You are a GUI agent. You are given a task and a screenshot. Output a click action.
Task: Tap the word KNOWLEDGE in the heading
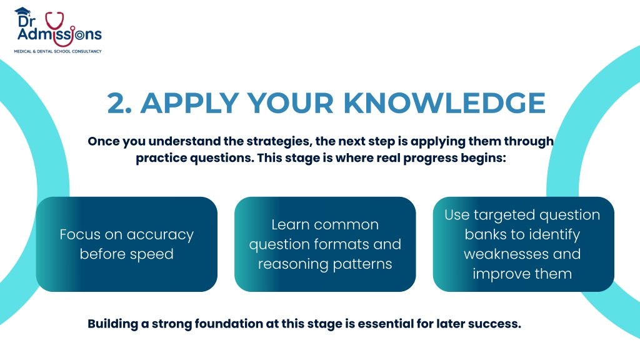point(444,103)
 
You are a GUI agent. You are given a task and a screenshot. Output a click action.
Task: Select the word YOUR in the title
point(291,103)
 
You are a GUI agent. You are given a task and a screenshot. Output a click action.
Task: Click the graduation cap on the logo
point(23,11)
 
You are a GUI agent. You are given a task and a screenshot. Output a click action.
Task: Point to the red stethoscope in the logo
point(59,29)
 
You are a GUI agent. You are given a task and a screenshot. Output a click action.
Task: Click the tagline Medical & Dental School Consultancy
point(58,51)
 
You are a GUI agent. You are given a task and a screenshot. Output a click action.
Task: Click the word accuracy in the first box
point(160,235)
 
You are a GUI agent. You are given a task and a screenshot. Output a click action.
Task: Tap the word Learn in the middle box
point(290,224)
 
